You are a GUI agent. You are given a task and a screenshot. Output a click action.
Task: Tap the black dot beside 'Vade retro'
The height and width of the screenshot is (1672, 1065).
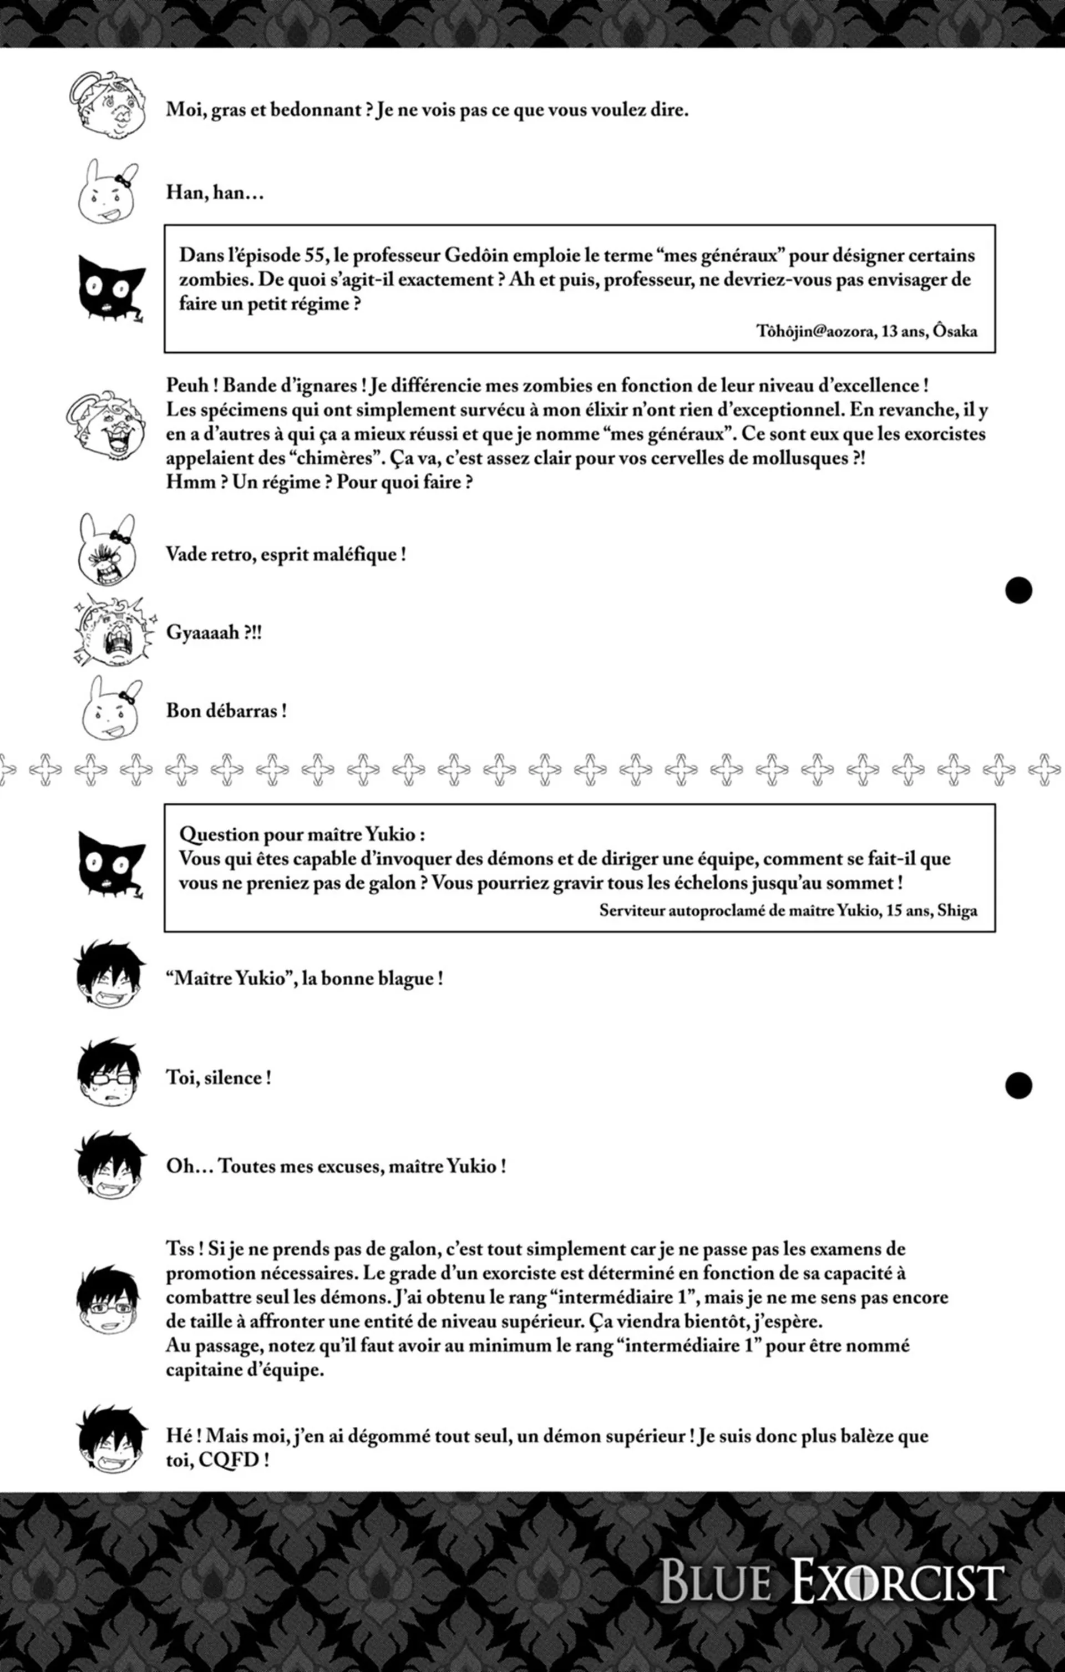pos(1018,590)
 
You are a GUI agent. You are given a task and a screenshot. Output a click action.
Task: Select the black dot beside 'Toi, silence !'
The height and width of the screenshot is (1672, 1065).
pos(1018,1085)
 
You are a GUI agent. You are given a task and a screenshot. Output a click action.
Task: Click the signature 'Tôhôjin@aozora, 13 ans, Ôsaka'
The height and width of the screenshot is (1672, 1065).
pos(866,331)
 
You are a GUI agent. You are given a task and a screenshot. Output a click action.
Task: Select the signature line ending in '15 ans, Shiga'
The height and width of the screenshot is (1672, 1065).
pos(788,910)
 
